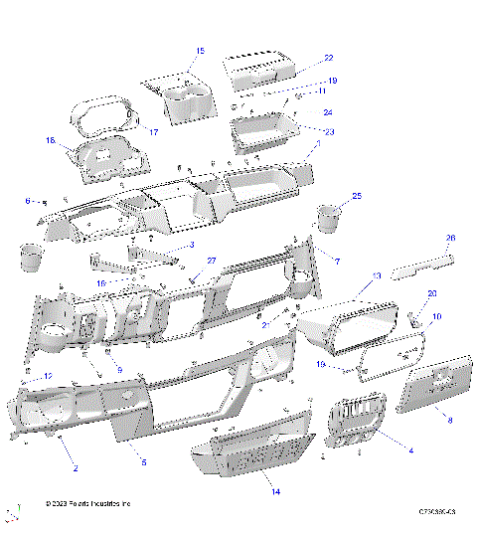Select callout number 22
point(329,58)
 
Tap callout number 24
point(328,112)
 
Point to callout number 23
point(330,130)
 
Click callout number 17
point(154,131)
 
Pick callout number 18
point(50,141)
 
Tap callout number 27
point(211,261)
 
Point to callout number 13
point(376,275)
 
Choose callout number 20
point(432,293)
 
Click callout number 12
point(48,375)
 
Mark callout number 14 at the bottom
point(275,491)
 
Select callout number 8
point(449,421)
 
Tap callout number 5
point(143,462)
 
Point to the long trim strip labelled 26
point(422,268)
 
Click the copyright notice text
point(88,505)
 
